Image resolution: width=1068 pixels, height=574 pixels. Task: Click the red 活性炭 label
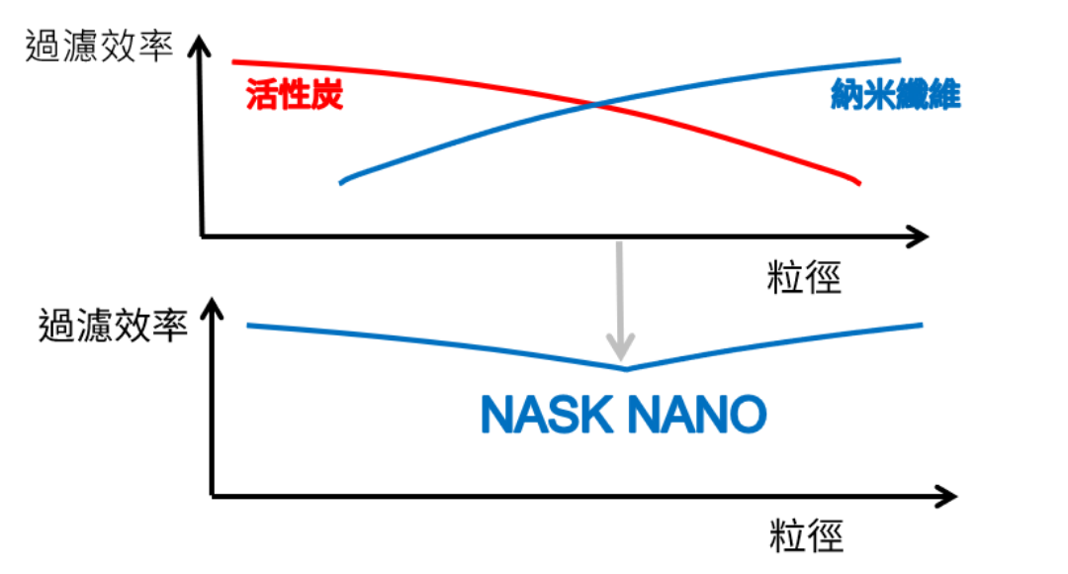coord(295,94)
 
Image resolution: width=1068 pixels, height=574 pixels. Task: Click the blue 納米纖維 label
coord(896,94)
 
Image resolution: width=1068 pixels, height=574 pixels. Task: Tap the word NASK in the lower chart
coord(546,414)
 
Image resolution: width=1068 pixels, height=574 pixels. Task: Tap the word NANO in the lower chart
coord(696,414)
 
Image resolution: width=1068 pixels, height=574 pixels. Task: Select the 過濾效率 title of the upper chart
coord(100,47)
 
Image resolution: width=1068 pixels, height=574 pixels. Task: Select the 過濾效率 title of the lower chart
coord(113,325)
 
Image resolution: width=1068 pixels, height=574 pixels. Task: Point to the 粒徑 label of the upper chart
coord(804,277)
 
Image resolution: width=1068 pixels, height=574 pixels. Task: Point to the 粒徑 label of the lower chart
coord(807,535)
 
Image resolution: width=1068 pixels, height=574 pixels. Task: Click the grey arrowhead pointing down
coord(620,346)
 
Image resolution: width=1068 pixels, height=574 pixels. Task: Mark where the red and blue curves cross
coord(595,105)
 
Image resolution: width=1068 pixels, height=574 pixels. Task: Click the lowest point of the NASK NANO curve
coord(626,369)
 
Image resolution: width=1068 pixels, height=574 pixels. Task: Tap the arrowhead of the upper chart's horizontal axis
coord(918,237)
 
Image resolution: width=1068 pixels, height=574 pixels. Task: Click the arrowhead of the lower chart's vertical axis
coord(212,309)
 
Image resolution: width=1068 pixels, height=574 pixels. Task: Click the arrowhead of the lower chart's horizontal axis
coord(946,496)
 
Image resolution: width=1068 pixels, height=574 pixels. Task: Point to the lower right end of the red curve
coord(859,183)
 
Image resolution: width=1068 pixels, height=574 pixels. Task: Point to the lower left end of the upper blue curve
coord(341,183)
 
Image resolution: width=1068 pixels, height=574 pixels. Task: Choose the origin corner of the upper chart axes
coord(203,237)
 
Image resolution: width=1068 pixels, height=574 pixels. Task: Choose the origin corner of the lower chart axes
coord(214,496)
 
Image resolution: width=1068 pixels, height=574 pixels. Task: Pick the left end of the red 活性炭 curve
coord(233,62)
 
